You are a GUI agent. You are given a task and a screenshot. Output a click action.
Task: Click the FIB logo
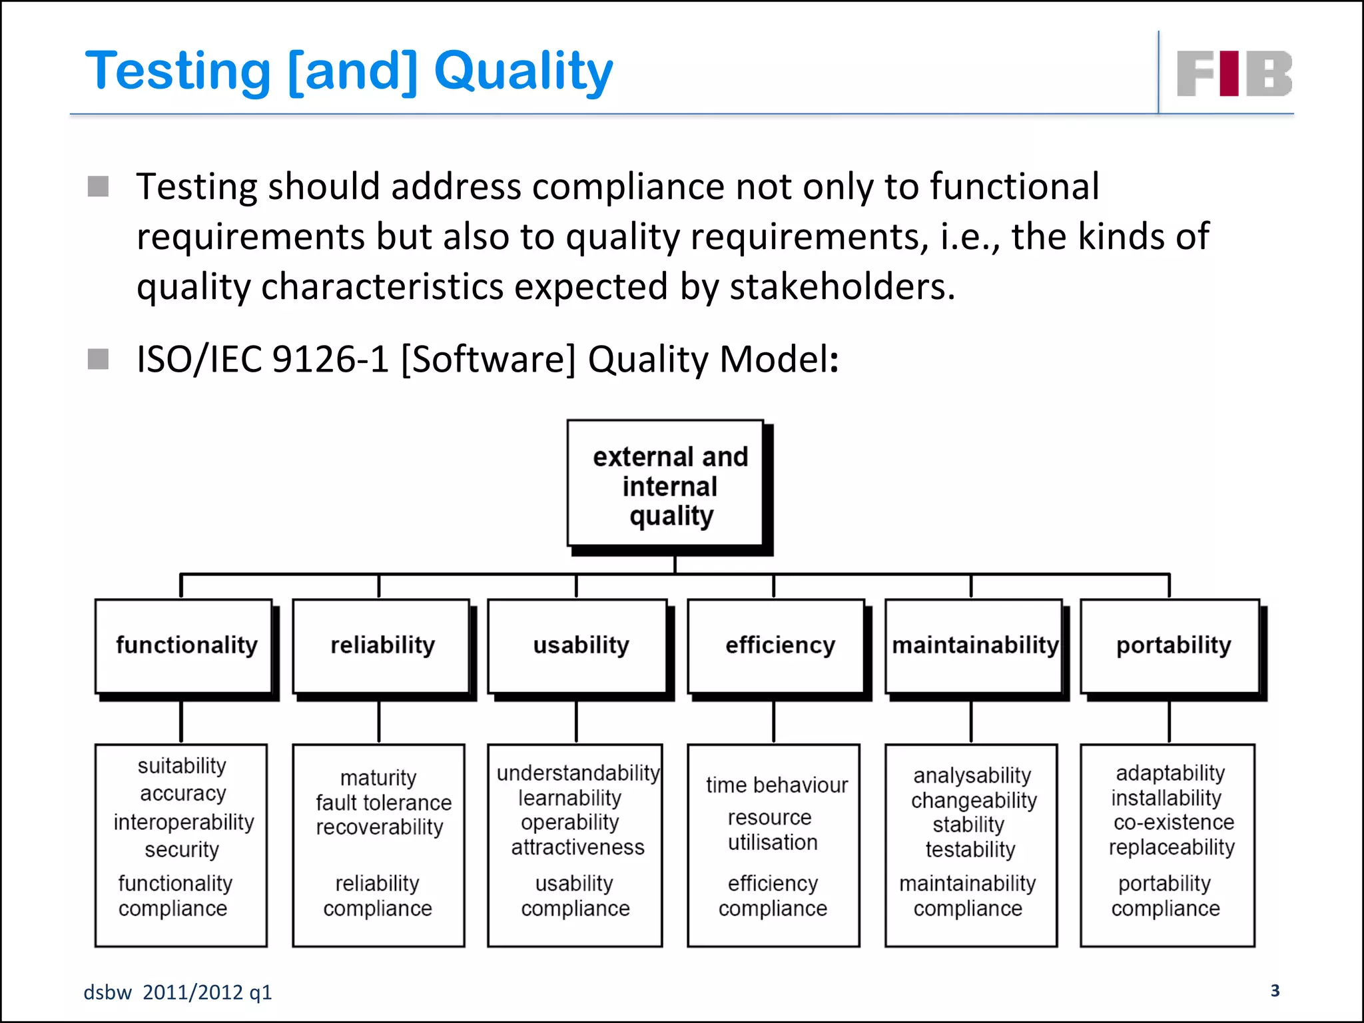click(x=1234, y=73)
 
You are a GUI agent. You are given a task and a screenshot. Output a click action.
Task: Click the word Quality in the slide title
click(x=523, y=71)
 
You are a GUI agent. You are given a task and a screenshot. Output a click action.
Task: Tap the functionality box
click(x=186, y=645)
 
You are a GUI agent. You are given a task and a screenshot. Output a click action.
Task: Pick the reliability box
click(x=382, y=645)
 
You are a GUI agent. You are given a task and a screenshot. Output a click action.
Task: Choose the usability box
click(x=580, y=645)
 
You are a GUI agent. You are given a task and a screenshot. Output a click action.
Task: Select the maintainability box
click(x=974, y=645)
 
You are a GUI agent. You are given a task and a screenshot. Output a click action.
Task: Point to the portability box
click(x=1173, y=645)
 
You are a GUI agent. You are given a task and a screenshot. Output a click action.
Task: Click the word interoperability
click(x=184, y=822)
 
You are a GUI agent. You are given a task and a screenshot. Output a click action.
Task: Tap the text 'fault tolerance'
click(x=384, y=803)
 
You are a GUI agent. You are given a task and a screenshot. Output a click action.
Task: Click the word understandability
click(x=577, y=773)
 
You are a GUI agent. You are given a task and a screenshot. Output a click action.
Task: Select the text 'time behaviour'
click(x=777, y=785)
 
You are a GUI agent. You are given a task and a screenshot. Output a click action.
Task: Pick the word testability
click(x=970, y=849)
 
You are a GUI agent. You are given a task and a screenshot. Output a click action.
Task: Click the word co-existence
click(x=1174, y=823)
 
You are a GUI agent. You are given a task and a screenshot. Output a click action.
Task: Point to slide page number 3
click(x=1275, y=990)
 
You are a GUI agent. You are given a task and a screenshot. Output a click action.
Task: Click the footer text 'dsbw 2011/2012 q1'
click(x=178, y=992)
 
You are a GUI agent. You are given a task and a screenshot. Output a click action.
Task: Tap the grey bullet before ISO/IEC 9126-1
click(x=98, y=359)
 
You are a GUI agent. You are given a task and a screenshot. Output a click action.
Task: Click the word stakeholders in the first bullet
click(x=842, y=286)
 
